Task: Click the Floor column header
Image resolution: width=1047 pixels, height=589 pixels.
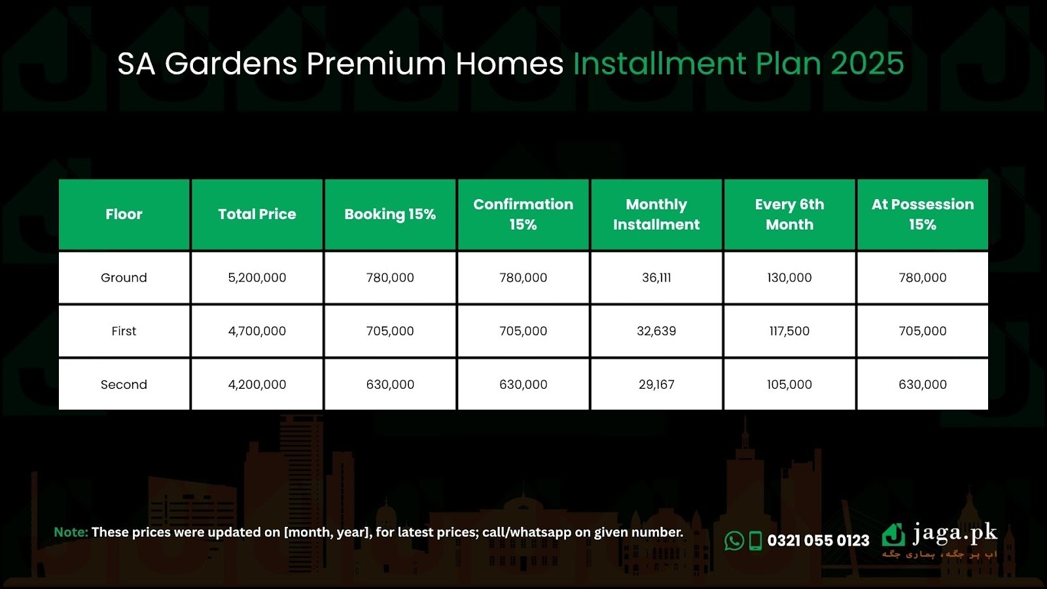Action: pos(124,214)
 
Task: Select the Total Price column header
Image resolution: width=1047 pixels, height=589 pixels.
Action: pos(257,214)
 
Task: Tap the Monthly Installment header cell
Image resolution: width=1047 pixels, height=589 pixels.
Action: pos(656,214)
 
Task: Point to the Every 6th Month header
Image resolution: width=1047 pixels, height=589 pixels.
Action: pos(789,214)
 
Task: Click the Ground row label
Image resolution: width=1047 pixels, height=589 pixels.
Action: pos(124,277)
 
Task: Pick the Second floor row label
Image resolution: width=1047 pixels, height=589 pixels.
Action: pos(124,384)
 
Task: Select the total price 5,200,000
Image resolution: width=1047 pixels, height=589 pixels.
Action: pos(257,277)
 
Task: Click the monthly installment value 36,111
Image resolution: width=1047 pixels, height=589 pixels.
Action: pos(656,277)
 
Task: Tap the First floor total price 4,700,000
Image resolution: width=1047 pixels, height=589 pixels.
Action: pos(257,331)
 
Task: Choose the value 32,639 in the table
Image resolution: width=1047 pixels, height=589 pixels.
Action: pos(656,331)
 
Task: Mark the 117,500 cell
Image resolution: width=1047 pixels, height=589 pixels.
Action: pos(789,331)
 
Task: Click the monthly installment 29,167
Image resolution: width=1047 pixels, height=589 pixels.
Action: pos(656,384)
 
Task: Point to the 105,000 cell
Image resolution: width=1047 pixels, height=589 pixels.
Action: pos(789,384)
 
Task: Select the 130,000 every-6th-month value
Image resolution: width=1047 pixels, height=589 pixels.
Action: pos(789,277)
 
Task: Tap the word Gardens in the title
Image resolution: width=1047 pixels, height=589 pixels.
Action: pos(231,63)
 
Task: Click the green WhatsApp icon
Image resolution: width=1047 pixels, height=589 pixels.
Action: pos(734,541)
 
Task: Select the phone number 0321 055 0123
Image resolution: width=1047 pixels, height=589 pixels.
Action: pos(818,541)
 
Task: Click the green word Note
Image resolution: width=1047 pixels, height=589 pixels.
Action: pos(71,532)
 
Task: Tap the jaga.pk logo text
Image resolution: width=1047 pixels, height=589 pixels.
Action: pos(955,533)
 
